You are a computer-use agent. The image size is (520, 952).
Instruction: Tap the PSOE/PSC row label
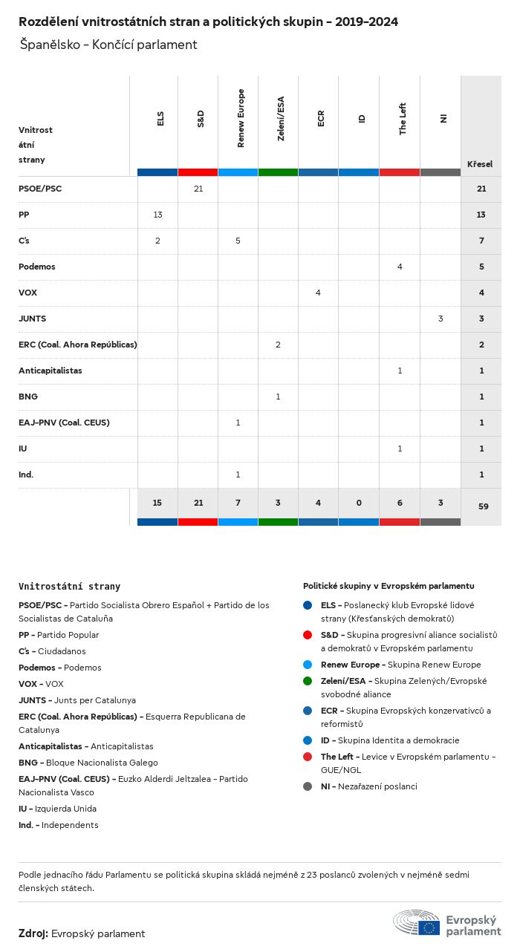(40, 189)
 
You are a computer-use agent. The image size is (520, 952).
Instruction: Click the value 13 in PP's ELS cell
(157, 215)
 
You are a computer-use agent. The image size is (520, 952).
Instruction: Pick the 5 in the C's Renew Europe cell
(238, 241)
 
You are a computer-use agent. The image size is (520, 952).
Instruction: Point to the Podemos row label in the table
(37, 267)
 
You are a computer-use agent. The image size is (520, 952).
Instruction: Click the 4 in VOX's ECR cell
(318, 293)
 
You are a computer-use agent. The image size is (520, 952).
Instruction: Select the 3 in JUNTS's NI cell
(441, 319)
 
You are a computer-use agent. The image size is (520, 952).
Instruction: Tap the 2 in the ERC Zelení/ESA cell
(278, 345)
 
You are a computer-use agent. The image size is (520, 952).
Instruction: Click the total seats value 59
(481, 506)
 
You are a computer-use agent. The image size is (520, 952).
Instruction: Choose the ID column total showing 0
(359, 503)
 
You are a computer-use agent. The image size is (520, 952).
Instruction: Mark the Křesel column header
(480, 164)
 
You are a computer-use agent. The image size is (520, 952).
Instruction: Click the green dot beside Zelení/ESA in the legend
(308, 681)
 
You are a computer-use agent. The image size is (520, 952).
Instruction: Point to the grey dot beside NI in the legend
(308, 786)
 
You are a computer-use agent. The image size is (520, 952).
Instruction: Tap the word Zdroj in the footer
(33, 933)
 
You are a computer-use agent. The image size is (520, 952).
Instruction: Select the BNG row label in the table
(28, 397)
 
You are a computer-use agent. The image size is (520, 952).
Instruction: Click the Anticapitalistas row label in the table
(51, 371)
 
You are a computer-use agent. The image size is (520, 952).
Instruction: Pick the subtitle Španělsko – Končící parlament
(108, 45)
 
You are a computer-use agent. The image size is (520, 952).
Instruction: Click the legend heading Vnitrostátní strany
(69, 586)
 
